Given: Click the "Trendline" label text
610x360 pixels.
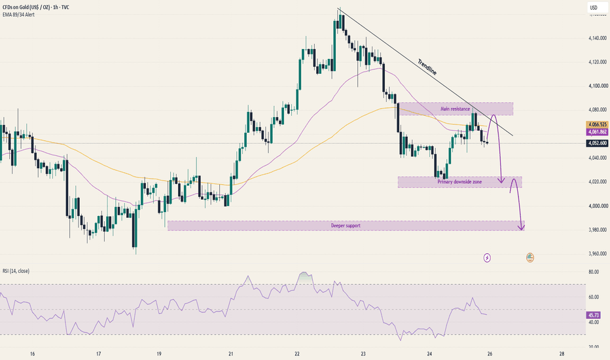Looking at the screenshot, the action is coord(427,67).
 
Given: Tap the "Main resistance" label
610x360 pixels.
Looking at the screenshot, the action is coord(455,109).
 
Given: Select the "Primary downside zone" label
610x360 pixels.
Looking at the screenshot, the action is coord(459,182).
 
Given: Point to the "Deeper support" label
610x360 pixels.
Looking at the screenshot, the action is coord(346,226).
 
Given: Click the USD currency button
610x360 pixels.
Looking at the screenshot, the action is coord(594,8).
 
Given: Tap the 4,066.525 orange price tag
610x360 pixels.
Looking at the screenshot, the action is coord(597,124).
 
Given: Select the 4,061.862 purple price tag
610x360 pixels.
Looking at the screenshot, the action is coord(597,132).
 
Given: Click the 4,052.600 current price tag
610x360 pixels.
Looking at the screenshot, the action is coord(597,143).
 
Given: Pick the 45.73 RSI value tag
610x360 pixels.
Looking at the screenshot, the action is coord(593,315).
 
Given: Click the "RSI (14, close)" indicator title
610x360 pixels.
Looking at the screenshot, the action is coord(16,271).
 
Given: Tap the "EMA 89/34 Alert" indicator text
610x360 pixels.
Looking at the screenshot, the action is coord(18,15).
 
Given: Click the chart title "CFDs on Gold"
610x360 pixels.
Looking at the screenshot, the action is coord(16,7).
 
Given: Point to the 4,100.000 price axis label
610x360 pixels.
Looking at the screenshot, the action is coord(598,86).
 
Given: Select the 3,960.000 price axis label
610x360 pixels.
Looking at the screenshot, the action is coord(598,254).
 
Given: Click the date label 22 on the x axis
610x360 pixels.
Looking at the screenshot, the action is coord(297,353).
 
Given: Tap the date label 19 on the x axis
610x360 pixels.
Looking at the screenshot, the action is coord(159,353).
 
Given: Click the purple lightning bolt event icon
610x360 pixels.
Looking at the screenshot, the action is coord(487,258).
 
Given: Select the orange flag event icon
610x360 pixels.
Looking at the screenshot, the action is coord(530,257).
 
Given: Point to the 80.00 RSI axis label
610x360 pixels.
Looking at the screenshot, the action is coord(594,272).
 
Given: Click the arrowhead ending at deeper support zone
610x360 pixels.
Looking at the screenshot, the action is coord(521,227).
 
